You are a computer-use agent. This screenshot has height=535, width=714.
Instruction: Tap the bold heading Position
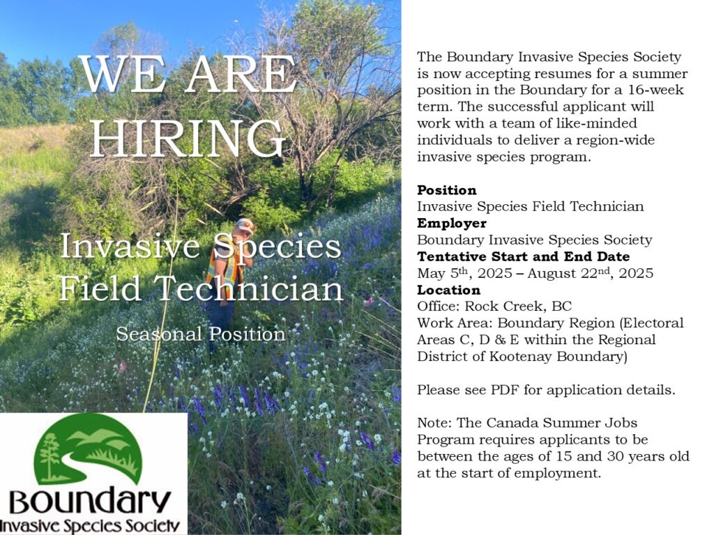click(x=447, y=190)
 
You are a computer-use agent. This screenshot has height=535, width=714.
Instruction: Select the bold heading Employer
click(x=452, y=224)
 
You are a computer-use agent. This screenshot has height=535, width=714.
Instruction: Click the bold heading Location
click(x=448, y=290)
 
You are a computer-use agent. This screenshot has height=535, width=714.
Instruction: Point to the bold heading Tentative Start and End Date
click(x=523, y=256)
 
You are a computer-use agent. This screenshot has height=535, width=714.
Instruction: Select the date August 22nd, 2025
click(x=591, y=273)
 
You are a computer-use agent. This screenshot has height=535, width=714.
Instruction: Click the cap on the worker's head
click(x=245, y=225)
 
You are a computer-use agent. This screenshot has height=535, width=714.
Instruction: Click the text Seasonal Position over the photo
click(x=200, y=334)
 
